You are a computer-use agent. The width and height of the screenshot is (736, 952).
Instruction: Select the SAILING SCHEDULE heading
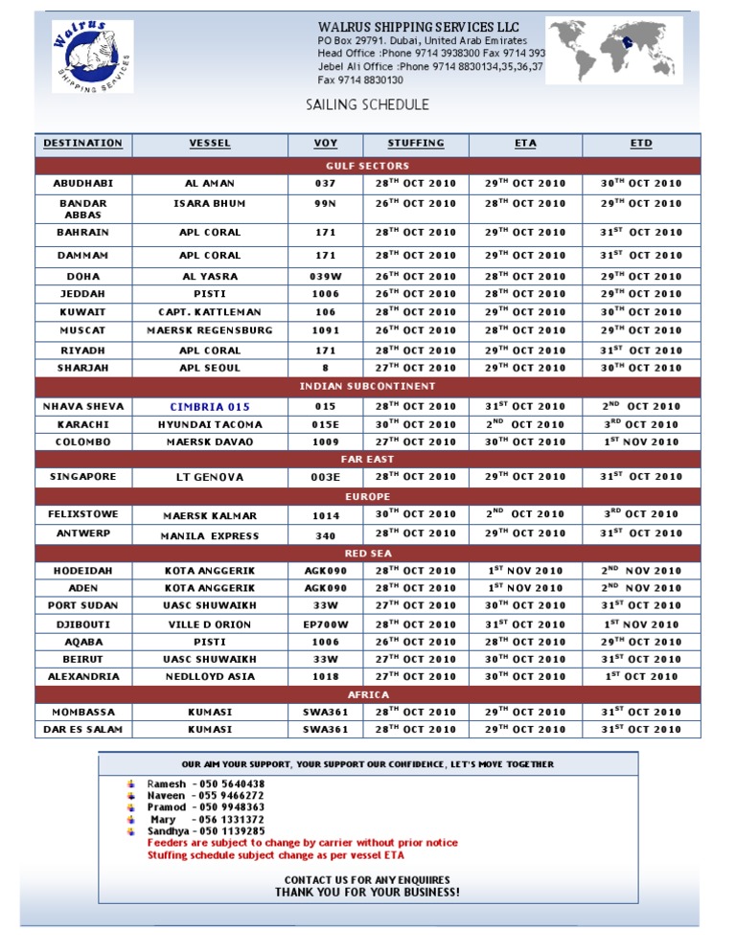click(367, 105)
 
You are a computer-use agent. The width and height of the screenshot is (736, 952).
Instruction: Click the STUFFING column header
click(416, 144)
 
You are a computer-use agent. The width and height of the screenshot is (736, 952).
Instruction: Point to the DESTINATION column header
click(83, 144)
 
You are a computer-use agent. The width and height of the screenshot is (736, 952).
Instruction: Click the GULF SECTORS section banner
click(368, 166)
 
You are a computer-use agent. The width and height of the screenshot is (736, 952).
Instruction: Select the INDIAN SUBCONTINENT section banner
click(368, 386)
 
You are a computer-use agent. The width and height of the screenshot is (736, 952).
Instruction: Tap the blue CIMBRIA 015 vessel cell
click(210, 406)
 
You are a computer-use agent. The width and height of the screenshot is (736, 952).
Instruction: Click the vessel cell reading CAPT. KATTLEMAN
click(210, 312)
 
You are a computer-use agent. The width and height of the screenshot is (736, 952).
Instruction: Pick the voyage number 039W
click(326, 276)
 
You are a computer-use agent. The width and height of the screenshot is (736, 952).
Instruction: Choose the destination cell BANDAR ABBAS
click(83, 209)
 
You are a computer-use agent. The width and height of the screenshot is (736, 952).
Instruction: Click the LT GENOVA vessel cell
click(210, 477)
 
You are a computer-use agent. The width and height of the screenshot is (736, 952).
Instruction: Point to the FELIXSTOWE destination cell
click(83, 514)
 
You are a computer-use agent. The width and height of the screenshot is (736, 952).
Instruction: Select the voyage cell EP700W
click(326, 623)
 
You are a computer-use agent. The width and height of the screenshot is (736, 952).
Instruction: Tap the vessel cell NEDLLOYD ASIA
click(210, 676)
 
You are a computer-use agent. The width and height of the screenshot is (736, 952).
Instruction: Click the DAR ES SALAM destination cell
click(83, 730)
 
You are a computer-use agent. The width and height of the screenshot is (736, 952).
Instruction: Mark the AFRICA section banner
click(368, 694)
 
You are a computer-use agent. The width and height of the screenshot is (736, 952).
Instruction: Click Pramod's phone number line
click(206, 807)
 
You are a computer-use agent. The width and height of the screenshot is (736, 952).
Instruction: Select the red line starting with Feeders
click(302, 843)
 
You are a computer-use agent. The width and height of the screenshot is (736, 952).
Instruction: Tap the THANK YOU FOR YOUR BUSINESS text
click(367, 893)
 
